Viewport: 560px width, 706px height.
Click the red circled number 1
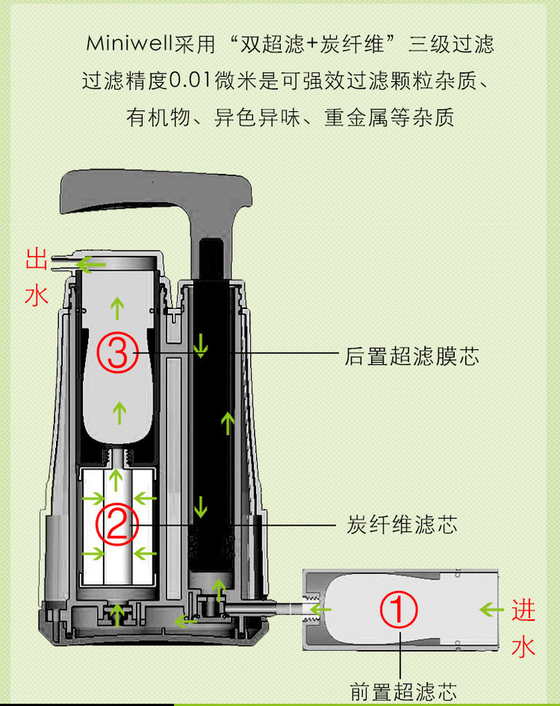399,609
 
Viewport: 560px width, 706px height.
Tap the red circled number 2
117,524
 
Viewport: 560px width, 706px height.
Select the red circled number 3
117,352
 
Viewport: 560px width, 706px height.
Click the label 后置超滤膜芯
412,356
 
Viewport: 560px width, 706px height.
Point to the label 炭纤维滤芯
402,524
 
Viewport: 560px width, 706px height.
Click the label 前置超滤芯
404,691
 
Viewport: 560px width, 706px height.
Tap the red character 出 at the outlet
37,259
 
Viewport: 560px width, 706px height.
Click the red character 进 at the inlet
523,610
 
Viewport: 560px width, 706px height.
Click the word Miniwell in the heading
130,44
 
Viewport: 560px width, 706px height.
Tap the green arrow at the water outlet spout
91,264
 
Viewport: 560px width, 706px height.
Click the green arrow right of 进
492,610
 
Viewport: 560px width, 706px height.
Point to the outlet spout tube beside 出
61,263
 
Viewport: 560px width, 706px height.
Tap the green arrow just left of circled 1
321,610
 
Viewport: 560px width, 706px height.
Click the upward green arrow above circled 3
117,308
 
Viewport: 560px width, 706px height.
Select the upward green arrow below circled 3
120,413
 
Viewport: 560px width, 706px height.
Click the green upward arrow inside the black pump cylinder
228,423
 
